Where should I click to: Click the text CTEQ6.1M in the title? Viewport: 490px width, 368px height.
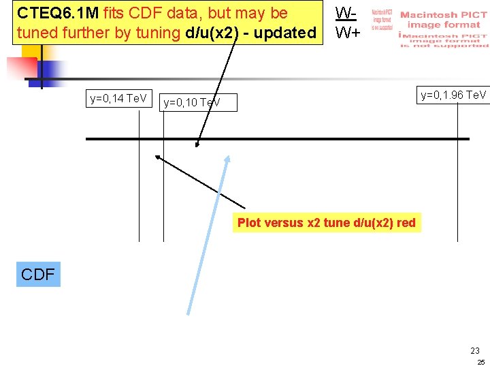57,13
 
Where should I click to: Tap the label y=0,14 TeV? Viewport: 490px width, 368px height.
118,99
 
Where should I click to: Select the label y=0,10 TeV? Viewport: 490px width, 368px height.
192,103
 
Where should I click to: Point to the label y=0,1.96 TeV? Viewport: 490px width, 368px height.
453,95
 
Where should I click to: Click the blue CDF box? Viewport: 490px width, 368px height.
38,274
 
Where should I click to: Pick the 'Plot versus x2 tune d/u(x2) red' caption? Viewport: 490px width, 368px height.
326,223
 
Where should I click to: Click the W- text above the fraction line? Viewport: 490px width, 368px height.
346,13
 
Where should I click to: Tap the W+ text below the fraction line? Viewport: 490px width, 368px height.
347,32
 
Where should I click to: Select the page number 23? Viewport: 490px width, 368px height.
474,350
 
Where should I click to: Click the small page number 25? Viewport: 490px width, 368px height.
480,362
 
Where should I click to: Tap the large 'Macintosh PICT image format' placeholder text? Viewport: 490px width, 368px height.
443,20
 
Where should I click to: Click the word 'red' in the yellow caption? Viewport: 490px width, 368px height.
406,223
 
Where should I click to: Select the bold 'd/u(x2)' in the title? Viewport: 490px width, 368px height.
210,32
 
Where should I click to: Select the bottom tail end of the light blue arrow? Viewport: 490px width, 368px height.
189,313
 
